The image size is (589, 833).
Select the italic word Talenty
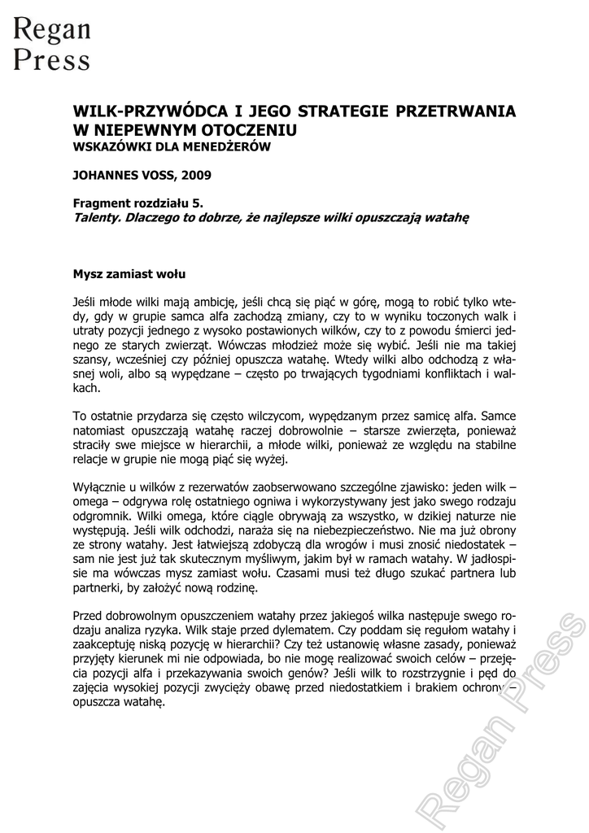(x=97, y=217)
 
